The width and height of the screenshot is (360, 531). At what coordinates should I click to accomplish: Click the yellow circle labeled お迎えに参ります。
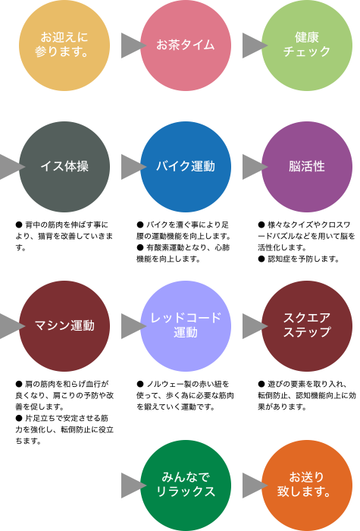[64, 46]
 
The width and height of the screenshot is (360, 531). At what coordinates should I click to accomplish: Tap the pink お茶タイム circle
[186, 46]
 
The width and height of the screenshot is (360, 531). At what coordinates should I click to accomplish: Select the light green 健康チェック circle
[307, 46]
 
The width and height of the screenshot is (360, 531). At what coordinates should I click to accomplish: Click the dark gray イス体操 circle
[64, 167]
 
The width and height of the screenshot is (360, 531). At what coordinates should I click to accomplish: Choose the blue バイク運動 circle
[186, 167]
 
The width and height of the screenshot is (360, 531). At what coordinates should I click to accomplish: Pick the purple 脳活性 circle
[307, 167]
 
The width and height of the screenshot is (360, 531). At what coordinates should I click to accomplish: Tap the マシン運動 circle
[64, 326]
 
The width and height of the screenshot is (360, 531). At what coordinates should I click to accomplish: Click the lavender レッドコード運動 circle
[186, 326]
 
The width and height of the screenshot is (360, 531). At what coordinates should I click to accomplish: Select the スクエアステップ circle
[307, 326]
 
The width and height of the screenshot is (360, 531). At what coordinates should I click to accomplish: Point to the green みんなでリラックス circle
[186, 485]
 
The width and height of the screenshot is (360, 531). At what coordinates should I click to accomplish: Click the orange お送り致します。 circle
[307, 485]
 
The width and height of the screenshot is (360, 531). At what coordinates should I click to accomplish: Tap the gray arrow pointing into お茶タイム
[133, 46]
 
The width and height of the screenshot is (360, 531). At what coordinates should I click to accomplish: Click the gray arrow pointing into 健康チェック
[255, 46]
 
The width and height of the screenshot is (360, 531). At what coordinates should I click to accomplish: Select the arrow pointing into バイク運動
[133, 167]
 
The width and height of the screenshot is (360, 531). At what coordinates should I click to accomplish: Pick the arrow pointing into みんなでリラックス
[133, 485]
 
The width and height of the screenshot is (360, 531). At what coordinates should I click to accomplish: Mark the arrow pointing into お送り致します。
[255, 485]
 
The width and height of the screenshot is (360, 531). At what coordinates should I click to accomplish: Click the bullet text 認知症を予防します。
[303, 259]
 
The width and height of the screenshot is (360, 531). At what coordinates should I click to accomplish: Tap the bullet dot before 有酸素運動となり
[140, 247]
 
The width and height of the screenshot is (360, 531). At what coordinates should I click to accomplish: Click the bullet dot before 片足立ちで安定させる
[19, 418]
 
